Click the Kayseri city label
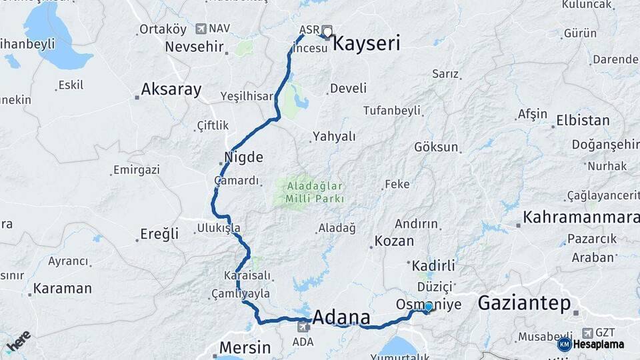(366, 45)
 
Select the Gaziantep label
(524, 304)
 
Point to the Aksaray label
(171, 90)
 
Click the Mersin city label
(245, 347)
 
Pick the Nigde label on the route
(245, 158)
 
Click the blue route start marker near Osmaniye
(429, 307)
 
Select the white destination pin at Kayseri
(327, 31)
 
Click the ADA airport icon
(304, 327)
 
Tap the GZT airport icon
(587, 332)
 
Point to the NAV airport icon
(201, 29)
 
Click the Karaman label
(62, 289)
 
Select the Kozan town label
(394, 241)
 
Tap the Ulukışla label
(219, 228)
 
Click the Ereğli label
(159, 234)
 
